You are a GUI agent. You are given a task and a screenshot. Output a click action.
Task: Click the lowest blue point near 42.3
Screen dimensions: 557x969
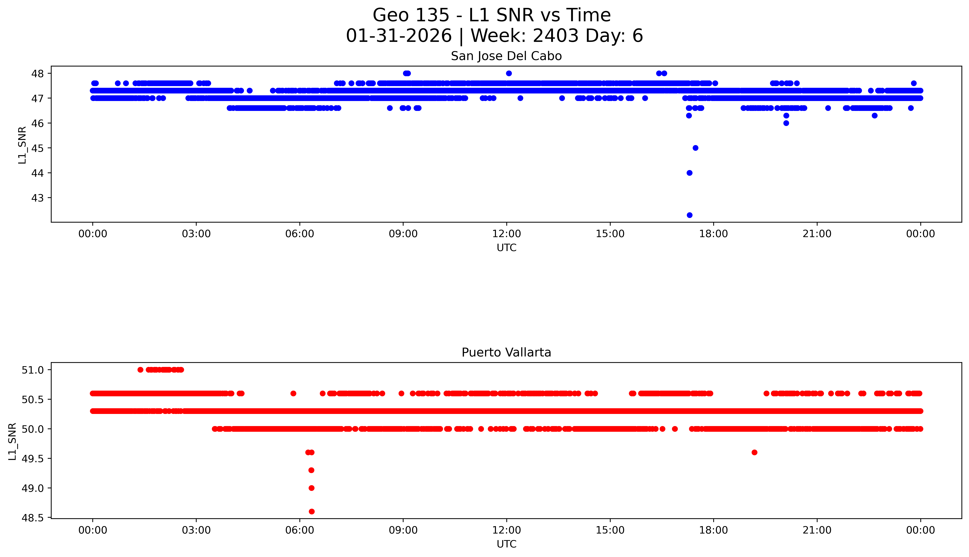point(689,215)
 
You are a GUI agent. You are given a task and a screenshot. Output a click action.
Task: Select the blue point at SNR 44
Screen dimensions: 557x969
point(689,173)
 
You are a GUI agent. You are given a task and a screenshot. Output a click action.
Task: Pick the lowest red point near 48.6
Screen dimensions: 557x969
point(312,511)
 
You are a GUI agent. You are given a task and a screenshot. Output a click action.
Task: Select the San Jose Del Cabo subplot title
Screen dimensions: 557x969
point(506,56)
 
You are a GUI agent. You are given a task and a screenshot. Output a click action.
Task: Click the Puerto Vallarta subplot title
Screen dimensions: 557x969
point(506,352)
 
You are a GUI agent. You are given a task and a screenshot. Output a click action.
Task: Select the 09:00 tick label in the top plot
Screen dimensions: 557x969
point(403,234)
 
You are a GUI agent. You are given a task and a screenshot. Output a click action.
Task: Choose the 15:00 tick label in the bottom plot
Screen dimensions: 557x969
point(610,530)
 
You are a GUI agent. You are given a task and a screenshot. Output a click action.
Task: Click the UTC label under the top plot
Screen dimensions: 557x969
point(506,248)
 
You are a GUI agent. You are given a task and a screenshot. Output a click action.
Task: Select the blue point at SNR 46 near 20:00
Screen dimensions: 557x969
point(786,123)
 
